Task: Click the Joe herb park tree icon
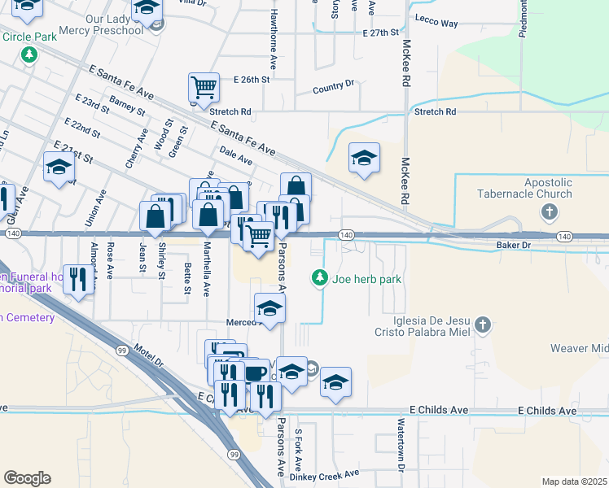tap(320, 279)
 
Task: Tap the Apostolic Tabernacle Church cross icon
tap(550, 213)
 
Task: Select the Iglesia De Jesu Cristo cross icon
tap(484, 326)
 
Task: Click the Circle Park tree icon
tap(29, 55)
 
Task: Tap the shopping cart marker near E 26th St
tap(204, 88)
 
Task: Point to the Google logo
tap(27, 478)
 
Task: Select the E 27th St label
tap(381, 33)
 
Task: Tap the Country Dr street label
tap(334, 84)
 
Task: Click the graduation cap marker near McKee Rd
tap(364, 158)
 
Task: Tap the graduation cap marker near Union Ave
tap(59, 168)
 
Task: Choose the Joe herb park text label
tap(369, 280)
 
